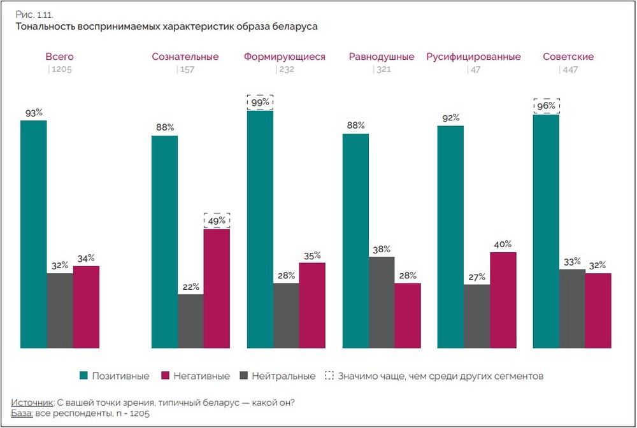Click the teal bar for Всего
pyautogui.click(x=34, y=234)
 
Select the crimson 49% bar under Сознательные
pyautogui.click(x=217, y=289)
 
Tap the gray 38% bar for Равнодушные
pyautogui.click(x=382, y=303)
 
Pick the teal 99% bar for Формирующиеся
pyautogui.click(x=260, y=229)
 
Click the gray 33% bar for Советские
pyautogui.click(x=572, y=309)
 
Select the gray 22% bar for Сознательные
pyautogui.click(x=190, y=321)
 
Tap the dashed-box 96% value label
pyautogui.click(x=546, y=106)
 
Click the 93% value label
pyautogui.click(x=34, y=112)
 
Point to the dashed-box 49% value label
pyautogui.click(x=217, y=220)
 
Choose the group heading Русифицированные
pyautogui.click(x=473, y=57)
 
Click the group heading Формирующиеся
pyautogui.click(x=284, y=57)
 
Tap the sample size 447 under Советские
pyautogui.click(x=569, y=70)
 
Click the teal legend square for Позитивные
pyautogui.click(x=83, y=376)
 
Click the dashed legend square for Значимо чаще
pyautogui.click(x=329, y=376)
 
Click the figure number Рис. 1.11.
pyautogui.click(x=31, y=14)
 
